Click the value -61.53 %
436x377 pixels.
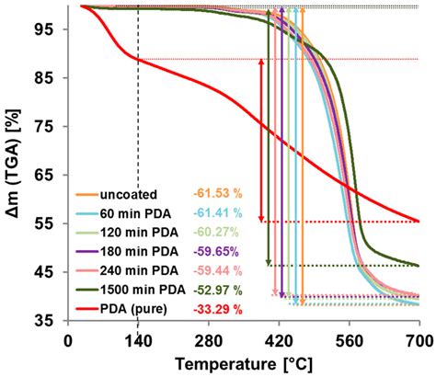216,194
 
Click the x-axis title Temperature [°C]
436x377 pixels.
242,360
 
